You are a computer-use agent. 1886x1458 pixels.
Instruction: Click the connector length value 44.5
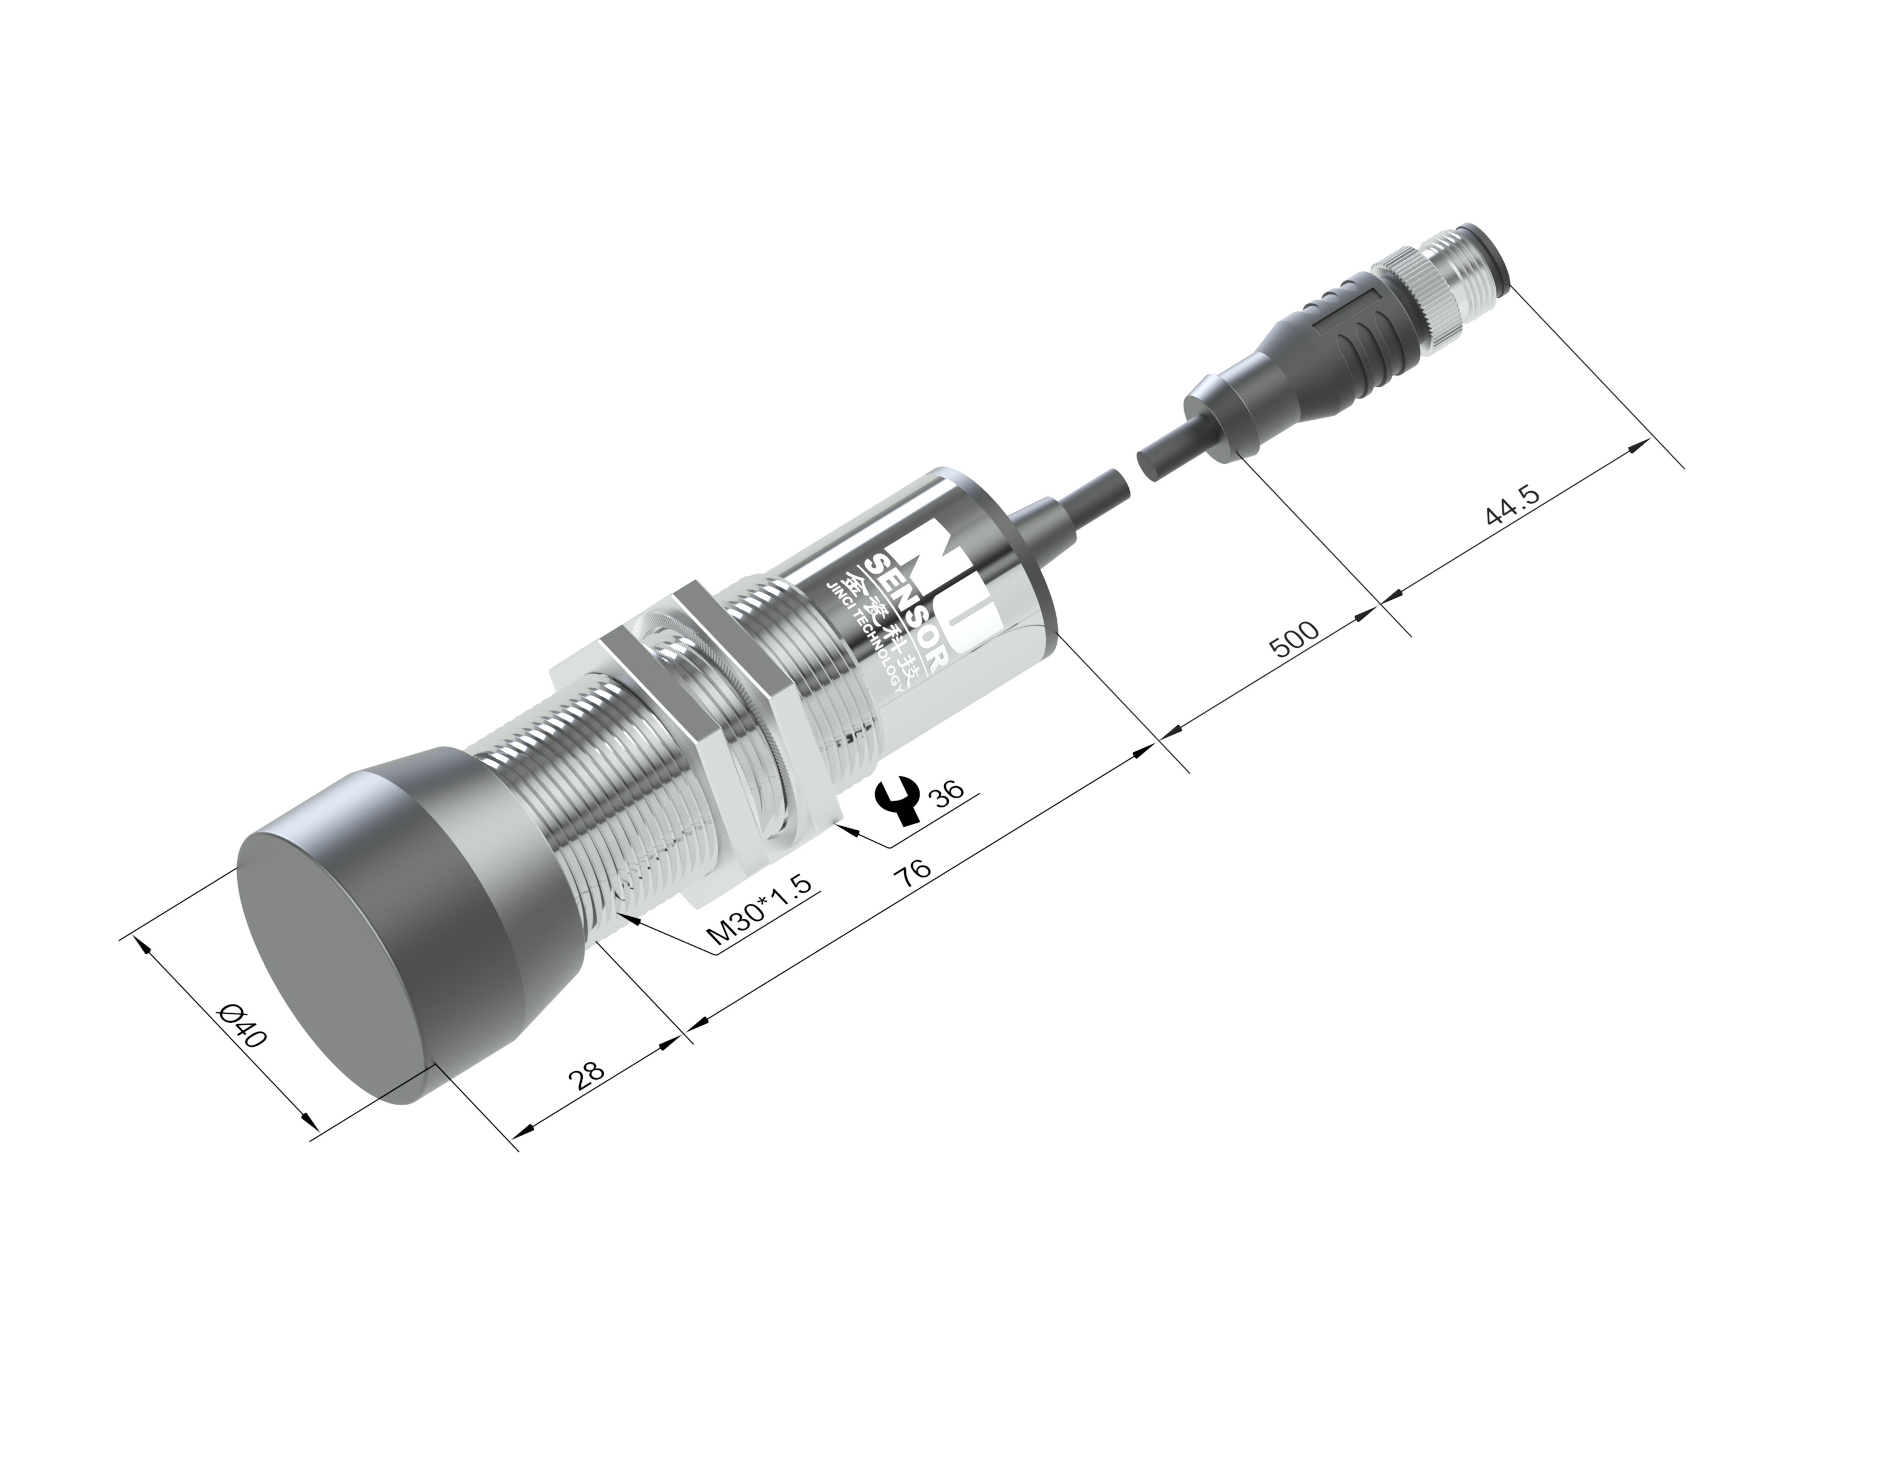pyautogui.click(x=1512, y=506)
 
